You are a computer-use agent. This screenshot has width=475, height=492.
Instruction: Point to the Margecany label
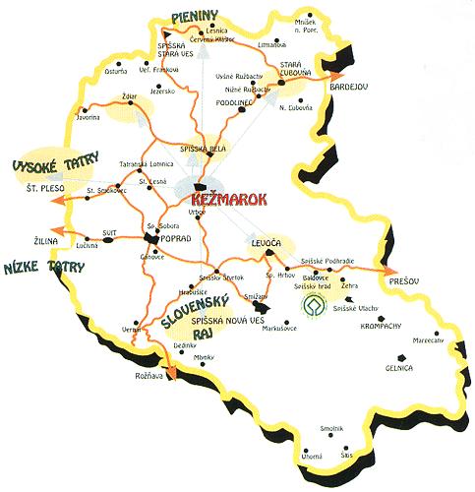pos(428,340)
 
